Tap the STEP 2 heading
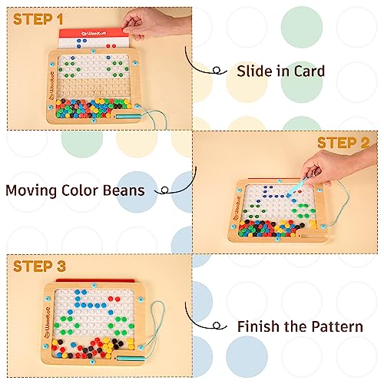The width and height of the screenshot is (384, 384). tap(343, 143)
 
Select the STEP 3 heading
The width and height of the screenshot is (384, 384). tap(40, 267)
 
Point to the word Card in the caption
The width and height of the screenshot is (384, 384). tap(306, 71)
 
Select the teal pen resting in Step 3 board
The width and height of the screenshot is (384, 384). tap(134, 359)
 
